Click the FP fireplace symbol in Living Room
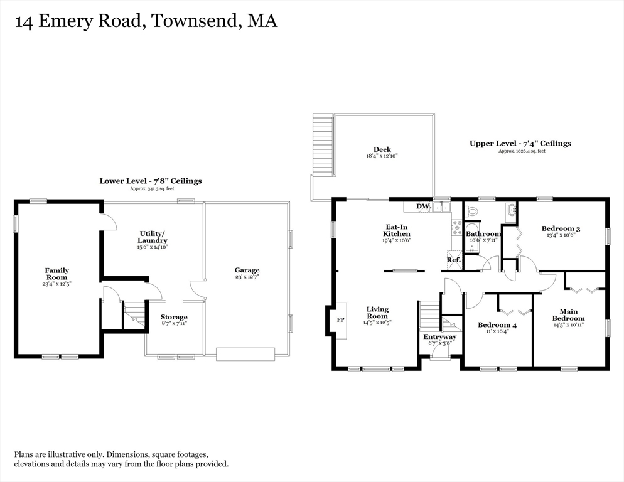click(x=341, y=320)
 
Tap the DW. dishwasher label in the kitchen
click(x=423, y=206)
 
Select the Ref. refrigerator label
click(x=453, y=260)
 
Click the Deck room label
click(x=382, y=149)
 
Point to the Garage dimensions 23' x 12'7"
click(x=247, y=277)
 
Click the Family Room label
click(x=56, y=274)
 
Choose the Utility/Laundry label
click(x=153, y=237)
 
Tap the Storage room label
click(x=174, y=317)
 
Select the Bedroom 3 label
click(x=561, y=228)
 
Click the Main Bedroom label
click(x=568, y=314)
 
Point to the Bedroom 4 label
click(x=497, y=325)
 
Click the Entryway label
click(x=440, y=337)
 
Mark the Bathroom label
click(x=483, y=234)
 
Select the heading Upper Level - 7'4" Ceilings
click(x=520, y=144)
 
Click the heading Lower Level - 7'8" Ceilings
click(x=151, y=181)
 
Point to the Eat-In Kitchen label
click(x=397, y=230)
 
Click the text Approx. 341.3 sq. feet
click(x=151, y=188)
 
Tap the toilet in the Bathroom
click(x=472, y=210)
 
